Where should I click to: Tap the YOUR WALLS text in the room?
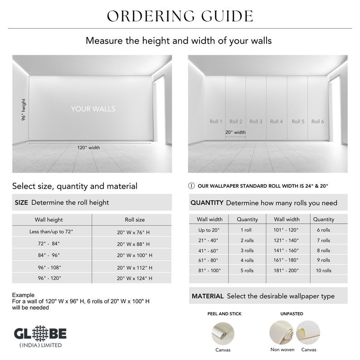(x=93, y=109)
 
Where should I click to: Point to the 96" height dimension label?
(x=24, y=110)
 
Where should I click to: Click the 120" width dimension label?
(x=88, y=147)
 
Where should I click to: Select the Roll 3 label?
(x=256, y=122)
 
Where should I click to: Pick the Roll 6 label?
(x=317, y=122)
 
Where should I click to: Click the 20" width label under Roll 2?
(x=235, y=132)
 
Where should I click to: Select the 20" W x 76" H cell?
(x=134, y=232)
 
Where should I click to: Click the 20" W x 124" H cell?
(x=134, y=278)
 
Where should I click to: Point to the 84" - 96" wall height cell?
(x=49, y=255)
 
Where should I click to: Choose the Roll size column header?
(x=135, y=219)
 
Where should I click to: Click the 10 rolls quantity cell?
(x=324, y=271)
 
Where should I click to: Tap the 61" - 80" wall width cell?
(x=208, y=260)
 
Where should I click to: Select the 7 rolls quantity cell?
(x=324, y=240)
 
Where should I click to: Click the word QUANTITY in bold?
(x=207, y=203)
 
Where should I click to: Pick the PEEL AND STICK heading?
(x=224, y=314)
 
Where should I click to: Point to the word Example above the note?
(x=23, y=295)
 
